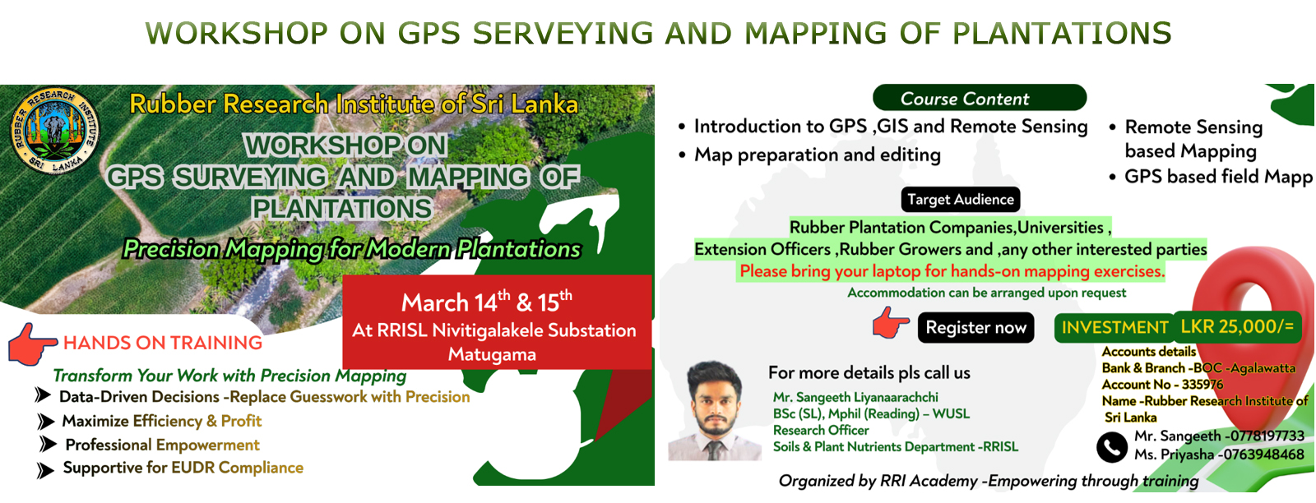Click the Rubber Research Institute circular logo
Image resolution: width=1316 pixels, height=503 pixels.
tap(54, 131)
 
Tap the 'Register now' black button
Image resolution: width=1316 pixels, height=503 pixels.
tap(975, 327)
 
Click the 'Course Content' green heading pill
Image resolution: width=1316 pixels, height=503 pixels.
tap(980, 98)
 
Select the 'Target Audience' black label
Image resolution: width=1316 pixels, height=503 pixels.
tap(961, 200)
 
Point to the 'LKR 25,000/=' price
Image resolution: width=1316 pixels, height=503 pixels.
tap(1237, 326)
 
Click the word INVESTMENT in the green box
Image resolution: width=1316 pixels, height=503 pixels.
tap(1114, 327)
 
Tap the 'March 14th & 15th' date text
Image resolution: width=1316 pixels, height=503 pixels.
tap(486, 302)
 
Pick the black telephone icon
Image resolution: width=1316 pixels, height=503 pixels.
tap(1111, 448)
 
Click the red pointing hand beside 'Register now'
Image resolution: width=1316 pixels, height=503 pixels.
tap(891, 322)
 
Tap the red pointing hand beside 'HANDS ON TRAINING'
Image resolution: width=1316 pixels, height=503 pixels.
tap(31, 344)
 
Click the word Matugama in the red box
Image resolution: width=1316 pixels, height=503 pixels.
tap(492, 354)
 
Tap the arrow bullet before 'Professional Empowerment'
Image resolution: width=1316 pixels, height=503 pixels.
tap(48, 445)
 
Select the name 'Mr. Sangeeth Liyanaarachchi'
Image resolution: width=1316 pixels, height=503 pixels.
tap(855, 397)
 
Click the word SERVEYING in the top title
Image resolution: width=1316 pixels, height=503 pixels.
tap(563, 33)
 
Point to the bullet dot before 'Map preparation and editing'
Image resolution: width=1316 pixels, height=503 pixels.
tap(682, 155)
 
